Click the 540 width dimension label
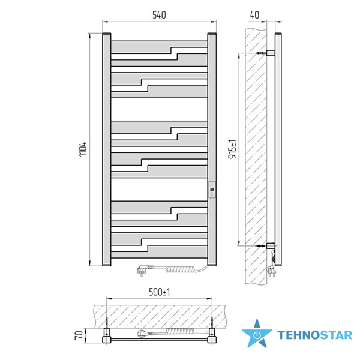pyautogui.click(x=159, y=15)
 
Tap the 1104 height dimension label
pyautogui.click(x=83, y=149)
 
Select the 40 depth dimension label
pyautogui.click(x=254, y=15)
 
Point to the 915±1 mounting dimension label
pyautogui.click(x=232, y=149)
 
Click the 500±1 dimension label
pyautogui.click(x=160, y=292)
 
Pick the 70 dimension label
pyautogui.click(x=79, y=335)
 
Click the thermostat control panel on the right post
pyautogui.click(x=212, y=190)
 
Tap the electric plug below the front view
pyautogui.click(x=143, y=270)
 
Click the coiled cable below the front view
pyautogui.click(x=180, y=269)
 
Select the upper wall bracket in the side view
pyautogui.click(x=271, y=53)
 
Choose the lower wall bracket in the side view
pyautogui.click(x=271, y=246)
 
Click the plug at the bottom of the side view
pyautogui.click(x=271, y=272)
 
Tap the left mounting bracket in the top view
pyautogui.click(x=107, y=335)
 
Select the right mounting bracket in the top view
pyautogui.click(x=212, y=335)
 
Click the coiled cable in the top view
pyautogui.click(x=180, y=331)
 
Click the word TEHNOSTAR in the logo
pyautogui.click(x=314, y=335)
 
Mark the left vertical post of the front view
pyautogui.click(x=107, y=149)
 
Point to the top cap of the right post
pyautogui.click(x=212, y=34)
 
